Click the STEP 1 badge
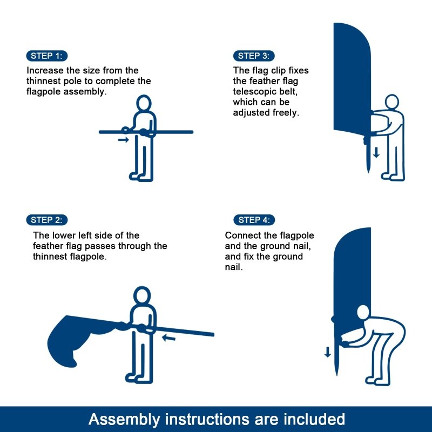tap(46, 56)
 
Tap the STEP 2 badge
tap(46, 220)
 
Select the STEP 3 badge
tap(254, 56)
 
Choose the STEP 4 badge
tap(254, 220)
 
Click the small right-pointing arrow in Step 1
tap(124, 140)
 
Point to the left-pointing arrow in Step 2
tap(169, 338)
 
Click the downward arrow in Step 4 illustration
tap(327, 352)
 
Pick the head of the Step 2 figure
tap(141, 295)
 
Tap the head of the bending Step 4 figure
tap(362, 313)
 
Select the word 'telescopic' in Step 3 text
tap(254, 92)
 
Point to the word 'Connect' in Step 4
tap(242, 235)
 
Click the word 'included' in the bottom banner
tap(314, 418)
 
